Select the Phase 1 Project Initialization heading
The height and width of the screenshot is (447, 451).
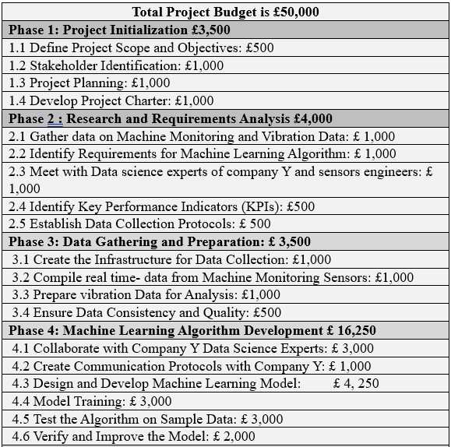click(x=119, y=30)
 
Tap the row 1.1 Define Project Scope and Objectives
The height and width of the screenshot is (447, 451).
click(x=141, y=48)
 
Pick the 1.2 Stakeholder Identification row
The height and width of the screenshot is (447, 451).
click(x=116, y=65)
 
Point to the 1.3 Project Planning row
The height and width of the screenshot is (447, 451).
click(x=90, y=83)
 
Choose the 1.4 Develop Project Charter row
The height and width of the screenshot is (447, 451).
click(x=111, y=100)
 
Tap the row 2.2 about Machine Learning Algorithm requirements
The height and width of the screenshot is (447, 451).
click(x=202, y=153)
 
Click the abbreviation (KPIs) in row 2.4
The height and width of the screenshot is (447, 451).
click(x=259, y=206)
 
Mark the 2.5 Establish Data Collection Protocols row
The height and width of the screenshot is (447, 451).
click(x=139, y=224)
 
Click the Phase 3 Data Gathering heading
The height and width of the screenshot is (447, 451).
click(x=160, y=242)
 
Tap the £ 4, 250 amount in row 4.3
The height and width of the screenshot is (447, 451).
click(x=355, y=384)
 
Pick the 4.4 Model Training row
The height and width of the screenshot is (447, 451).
click(x=92, y=401)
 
